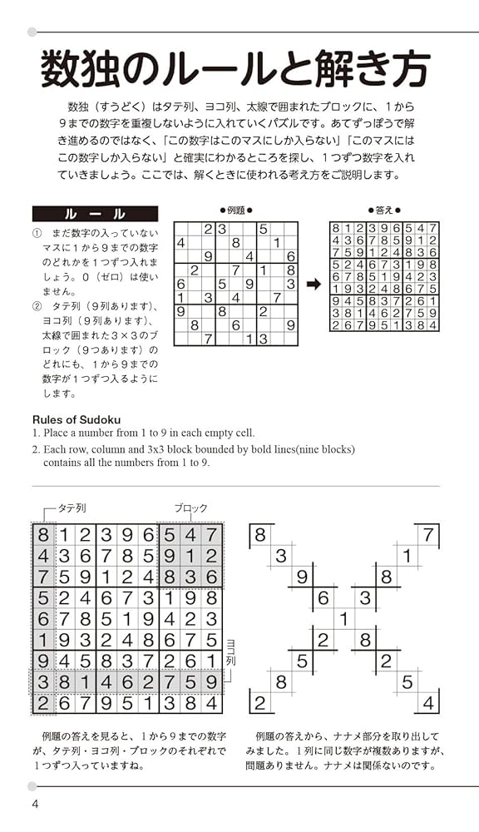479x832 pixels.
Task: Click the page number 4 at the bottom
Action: [35, 804]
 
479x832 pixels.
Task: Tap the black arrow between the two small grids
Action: [314, 284]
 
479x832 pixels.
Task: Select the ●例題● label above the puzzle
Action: [235, 210]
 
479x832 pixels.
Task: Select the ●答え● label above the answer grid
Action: [384, 210]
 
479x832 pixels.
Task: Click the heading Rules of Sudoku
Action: [77, 419]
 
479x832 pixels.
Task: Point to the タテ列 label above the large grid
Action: [72, 508]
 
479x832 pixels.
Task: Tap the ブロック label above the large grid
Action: [191, 508]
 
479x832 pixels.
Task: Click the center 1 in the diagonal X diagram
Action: [343, 619]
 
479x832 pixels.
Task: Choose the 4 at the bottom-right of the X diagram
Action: [428, 704]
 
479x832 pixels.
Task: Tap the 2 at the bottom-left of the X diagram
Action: [259, 704]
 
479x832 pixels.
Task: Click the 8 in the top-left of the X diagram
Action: [259, 534]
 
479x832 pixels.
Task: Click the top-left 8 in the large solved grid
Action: [42, 535]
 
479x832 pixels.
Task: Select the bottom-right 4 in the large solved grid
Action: [212, 704]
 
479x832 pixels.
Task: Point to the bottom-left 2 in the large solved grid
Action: [42, 704]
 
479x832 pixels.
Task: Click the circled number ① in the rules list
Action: [37, 235]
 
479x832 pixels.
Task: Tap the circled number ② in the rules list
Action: [37, 305]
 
